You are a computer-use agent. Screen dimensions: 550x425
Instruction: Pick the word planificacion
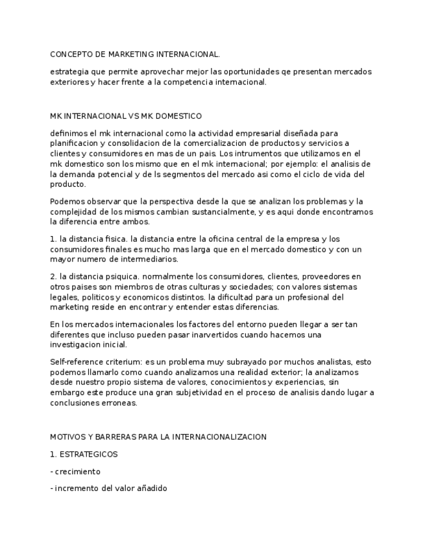pyautogui.click(x=74, y=143)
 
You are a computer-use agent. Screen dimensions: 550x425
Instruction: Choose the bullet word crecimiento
pyautogui.click(x=77, y=472)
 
